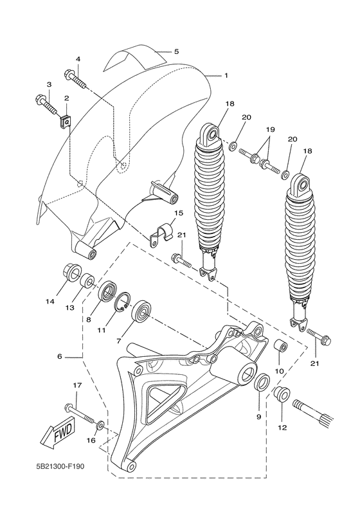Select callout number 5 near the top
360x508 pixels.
tap(176, 50)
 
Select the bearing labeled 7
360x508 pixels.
tap(141, 313)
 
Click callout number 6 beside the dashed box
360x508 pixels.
tap(59, 356)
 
